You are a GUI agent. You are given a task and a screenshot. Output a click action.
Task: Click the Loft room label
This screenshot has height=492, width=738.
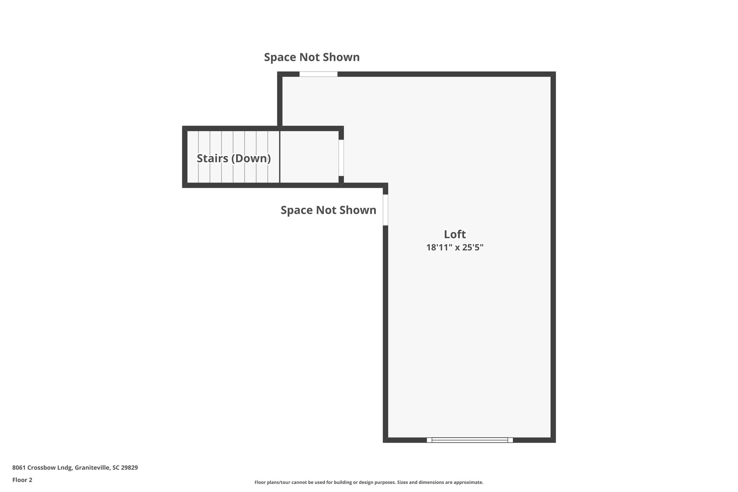click(x=455, y=234)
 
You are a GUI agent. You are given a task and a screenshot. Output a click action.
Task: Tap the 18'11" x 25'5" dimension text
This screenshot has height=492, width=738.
click(x=455, y=248)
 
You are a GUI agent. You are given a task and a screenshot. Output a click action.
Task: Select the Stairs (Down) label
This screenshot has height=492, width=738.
click(x=234, y=158)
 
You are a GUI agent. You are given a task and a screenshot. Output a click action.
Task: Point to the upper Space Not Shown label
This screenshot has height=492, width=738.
click(x=312, y=57)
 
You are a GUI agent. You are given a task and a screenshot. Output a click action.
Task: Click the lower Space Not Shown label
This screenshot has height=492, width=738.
click(x=328, y=210)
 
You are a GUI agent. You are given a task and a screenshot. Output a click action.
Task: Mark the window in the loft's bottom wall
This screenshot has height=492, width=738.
click(x=470, y=440)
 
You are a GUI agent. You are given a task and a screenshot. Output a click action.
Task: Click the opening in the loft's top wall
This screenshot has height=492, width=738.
click(x=318, y=74)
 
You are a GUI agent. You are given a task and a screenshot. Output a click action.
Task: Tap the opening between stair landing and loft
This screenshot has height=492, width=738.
click(x=341, y=158)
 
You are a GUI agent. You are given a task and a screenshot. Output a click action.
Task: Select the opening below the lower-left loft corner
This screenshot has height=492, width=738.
click(x=385, y=210)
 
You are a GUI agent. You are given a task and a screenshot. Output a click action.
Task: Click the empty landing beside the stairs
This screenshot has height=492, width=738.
click(x=309, y=157)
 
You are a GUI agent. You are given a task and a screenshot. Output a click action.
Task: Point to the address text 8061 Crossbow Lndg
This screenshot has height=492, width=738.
click(x=43, y=467)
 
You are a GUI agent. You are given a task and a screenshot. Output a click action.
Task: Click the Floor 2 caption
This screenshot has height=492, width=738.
click(x=22, y=480)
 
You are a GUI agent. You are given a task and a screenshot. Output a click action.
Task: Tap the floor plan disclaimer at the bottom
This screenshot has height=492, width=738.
click(x=369, y=482)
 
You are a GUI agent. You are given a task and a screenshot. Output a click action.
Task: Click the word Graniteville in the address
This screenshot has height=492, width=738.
click(x=92, y=467)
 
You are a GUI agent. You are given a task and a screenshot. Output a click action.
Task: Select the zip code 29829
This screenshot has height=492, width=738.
click(x=130, y=467)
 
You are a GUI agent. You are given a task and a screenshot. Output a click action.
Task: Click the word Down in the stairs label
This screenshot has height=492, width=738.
click(x=252, y=158)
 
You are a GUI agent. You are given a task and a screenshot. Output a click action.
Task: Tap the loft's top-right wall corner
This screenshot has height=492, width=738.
click(x=553, y=74)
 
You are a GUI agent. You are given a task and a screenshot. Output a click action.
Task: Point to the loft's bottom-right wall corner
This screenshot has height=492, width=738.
click(x=553, y=440)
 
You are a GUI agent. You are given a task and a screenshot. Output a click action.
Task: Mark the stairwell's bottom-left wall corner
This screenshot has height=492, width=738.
click(x=185, y=185)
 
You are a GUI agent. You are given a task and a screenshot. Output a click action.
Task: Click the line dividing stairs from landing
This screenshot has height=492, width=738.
click(x=280, y=157)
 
